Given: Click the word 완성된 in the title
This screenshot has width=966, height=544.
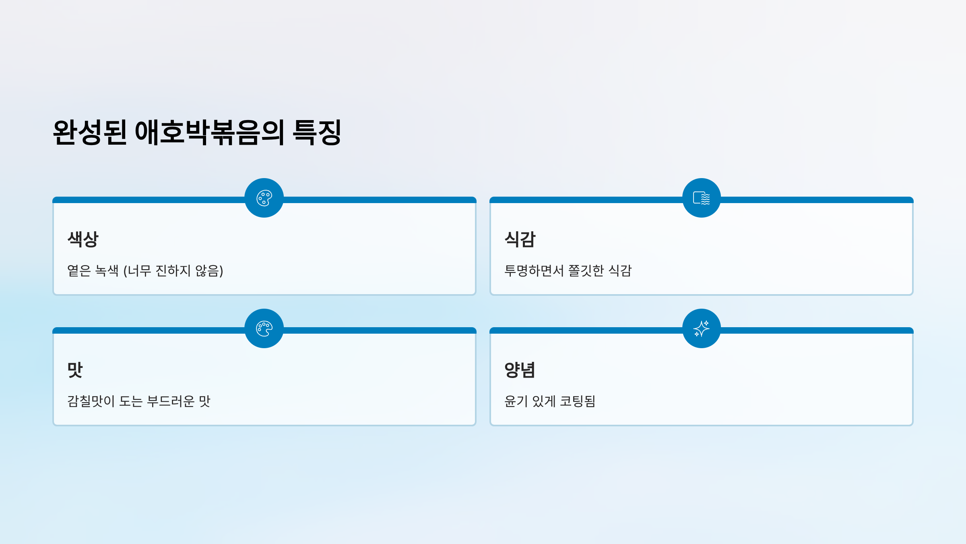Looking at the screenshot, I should [90, 132].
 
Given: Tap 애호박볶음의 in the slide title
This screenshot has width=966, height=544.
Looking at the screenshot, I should [210, 132].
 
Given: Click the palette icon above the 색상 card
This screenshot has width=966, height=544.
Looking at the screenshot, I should [264, 198].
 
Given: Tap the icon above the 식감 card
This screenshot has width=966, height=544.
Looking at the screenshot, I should [702, 198].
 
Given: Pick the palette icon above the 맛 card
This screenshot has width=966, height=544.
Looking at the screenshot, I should [264, 328].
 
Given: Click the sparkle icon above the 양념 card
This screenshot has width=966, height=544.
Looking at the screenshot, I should [702, 328].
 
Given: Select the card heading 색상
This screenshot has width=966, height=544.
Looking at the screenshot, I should [83, 239].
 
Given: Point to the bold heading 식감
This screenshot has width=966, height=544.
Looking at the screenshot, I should [520, 239].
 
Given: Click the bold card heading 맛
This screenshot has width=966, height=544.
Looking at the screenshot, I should [75, 370].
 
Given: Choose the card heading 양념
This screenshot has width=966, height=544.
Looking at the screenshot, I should [520, 370].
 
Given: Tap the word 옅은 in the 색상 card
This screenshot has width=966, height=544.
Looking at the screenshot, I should [79, 270].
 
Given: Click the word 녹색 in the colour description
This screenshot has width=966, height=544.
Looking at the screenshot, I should [107, 270].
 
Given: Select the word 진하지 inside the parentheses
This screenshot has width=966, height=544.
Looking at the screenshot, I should [173, 270].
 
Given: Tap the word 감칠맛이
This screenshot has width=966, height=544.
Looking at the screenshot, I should [91, 401].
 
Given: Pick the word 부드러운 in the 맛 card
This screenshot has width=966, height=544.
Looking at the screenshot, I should [171, 401].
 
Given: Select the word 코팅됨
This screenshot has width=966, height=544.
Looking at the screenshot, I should [578, 401].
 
